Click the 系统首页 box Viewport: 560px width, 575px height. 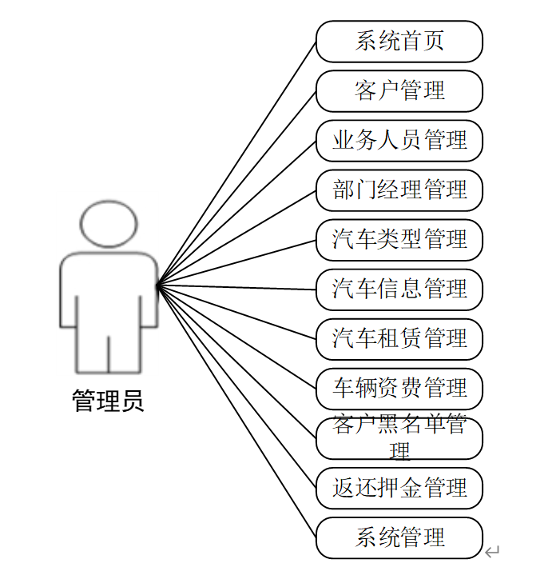pyautogui.click(x=399, y=42)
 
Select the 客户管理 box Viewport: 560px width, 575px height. pyautogui.click(x=399, y=91)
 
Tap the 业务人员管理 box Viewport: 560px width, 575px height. pyautogui.click(x=399, y=141)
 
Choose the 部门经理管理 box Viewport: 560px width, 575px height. pyautogui.click(x=399, y=190)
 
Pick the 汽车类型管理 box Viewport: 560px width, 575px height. pyautogui.click(x=399, y=240)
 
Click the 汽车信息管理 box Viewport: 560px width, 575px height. pyautogui.click(x=399, y=289)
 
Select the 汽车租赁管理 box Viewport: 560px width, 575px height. pyautogui.click(x=399, y=339)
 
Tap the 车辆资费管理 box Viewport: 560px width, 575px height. pyautogui.click(x=399, y=389)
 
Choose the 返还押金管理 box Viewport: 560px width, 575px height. pyautogui.click(x=399, y=488)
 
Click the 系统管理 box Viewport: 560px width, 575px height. pyautogui.click(x=399, y=537)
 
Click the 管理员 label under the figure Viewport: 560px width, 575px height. pyautogui.click(x=109, y=400)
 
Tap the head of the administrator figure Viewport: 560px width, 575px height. pyautogui.click(x=109, y=224)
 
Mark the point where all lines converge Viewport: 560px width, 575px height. pyautogui.click(x=157, y=285)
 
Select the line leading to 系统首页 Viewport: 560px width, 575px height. pyautogui.click(x=236, y=163)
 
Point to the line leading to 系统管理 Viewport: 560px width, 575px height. pyautogui.click(x=236, y=411)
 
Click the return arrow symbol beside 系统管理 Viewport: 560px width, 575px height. pyautogui.click(x=492, y=551)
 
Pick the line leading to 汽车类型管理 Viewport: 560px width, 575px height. pyautogui.click(x=236, y=262)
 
